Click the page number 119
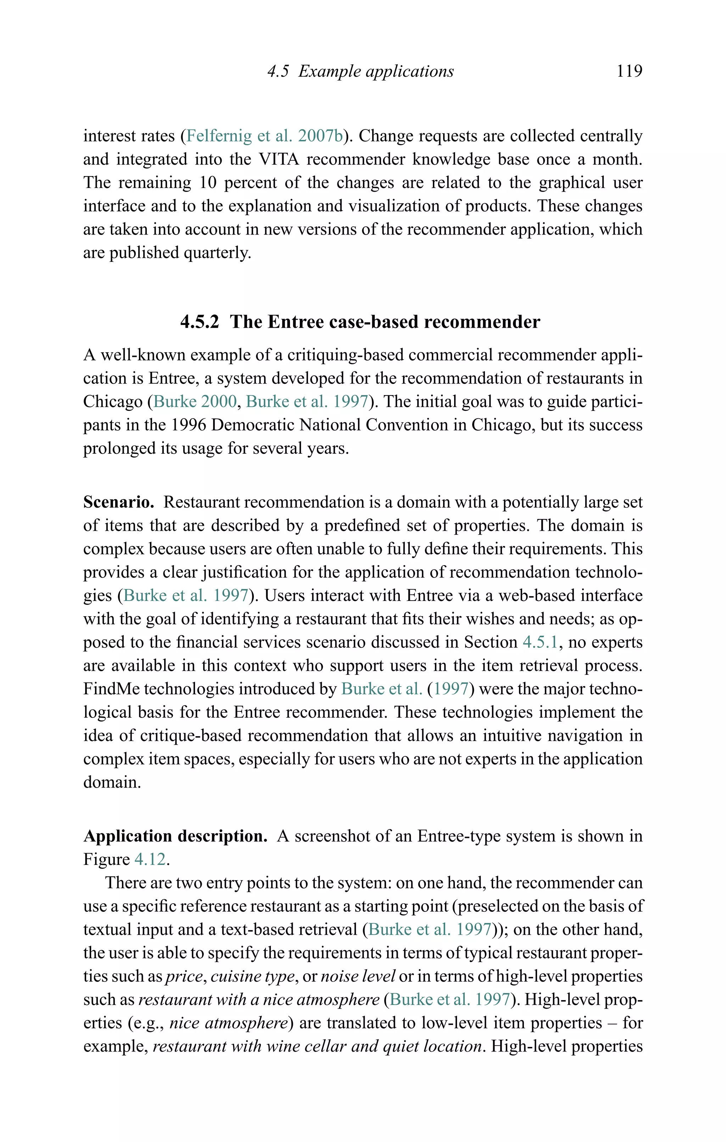click(x=629, y=71)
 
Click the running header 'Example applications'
click(x=376, y=72)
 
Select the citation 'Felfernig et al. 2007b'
click(x=264, y=136)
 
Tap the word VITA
click(x=279, y=159)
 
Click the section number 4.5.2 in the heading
click(x=200, y=322)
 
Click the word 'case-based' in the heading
click(x=373, y=322)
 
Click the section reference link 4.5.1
click(x=540, y=642)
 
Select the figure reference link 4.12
click(x=150, y=859)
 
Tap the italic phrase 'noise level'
click(x=358, y=976)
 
